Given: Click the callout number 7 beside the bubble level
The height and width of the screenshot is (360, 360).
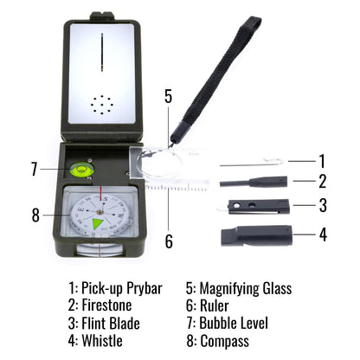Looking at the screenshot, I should (34, 169).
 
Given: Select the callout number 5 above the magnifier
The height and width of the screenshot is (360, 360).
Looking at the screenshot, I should (169, 96).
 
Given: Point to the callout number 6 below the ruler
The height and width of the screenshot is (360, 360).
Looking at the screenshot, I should (169, 241).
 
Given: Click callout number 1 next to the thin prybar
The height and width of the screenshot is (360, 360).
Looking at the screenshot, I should (322, 160).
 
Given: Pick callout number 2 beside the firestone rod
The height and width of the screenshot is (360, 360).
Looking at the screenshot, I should (322, 183).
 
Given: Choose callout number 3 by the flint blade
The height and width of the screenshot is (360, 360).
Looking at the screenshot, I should (322, 206).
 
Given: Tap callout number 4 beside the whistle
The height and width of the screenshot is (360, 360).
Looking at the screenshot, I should (322, 234).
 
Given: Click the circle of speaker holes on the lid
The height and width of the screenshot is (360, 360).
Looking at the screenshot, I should (102, 106).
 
